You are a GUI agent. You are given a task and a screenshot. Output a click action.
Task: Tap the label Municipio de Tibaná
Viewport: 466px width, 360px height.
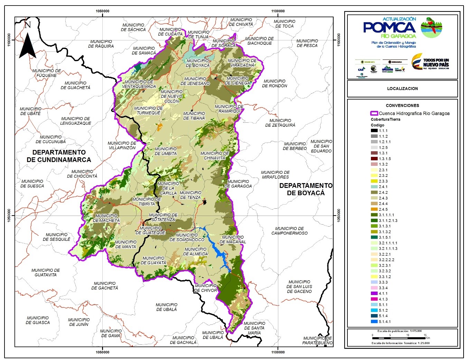pyautogui.click(x=194, y=116)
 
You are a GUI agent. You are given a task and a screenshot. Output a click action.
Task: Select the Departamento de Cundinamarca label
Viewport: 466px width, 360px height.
pyautogui.click(x=59, y=156)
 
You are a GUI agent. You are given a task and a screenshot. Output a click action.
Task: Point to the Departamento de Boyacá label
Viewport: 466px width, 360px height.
pyautogui.click(x=306, y=189)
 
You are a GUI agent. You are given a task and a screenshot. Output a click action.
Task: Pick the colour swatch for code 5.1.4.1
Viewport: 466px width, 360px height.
pyautogui.click(x=373, y=322)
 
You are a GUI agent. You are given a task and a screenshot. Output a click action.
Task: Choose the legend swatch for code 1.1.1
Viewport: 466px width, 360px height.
pyautogui.click(x=373, y=131)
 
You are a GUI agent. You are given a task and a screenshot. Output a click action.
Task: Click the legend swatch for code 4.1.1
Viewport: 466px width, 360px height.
pyautogui.click(x=373, y=293)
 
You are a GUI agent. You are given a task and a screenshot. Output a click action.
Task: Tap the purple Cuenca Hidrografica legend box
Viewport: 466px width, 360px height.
pyautogui.click(x=374, y=113)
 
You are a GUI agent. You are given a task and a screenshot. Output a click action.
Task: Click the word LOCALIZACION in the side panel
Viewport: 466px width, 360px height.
pyautogui.click(x=402, y=88)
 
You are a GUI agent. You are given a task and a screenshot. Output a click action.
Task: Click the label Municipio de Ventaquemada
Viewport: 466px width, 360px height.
pyautogui.click(x=139, y=84)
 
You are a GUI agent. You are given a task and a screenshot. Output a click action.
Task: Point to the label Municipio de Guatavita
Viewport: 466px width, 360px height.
pyautogui.click(x=45, y=273)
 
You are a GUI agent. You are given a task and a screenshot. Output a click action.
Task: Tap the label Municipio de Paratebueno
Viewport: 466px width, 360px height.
pyautogui.click(x=317, y=340)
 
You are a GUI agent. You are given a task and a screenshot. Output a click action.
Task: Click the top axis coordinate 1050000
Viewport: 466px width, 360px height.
pyautogui.click(x=102, y=11)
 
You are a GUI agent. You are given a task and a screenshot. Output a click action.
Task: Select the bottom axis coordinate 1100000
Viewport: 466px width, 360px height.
pyautogui.click(x=278, y=352)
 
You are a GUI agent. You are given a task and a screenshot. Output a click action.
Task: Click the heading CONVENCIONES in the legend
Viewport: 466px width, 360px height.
pyautogui.click(x=402, y=105)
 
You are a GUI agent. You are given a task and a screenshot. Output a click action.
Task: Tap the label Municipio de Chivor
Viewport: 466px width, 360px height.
pyautogui.click(x=205, y=288)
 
